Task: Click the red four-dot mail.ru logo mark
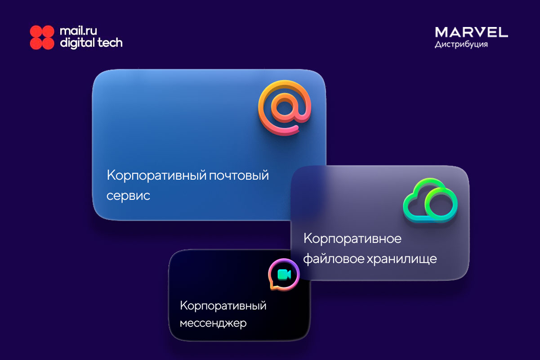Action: (x=42, y=37)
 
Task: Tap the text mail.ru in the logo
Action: (x=78, y=31)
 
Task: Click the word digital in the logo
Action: (x=77, y=43)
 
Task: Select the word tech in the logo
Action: (x=110, y=43)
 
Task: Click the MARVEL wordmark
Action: (x=471, y=32)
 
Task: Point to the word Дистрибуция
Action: (x=461, y=45)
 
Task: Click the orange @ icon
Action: (x=285, y=108)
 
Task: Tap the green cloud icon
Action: (x=430, y=200)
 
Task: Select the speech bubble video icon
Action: (x=284, y=274)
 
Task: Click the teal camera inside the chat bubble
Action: (x=284, y=274)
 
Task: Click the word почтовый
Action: (x=239, y=175)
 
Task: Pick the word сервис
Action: (x=128, y=195)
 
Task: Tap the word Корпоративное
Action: (x=353, y=238)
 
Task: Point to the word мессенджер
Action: (x=213, y=323)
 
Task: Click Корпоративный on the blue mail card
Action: (x=157, y=175)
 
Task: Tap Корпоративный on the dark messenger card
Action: (x=223, y=306)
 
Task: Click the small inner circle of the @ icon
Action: (x=284, y=108)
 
